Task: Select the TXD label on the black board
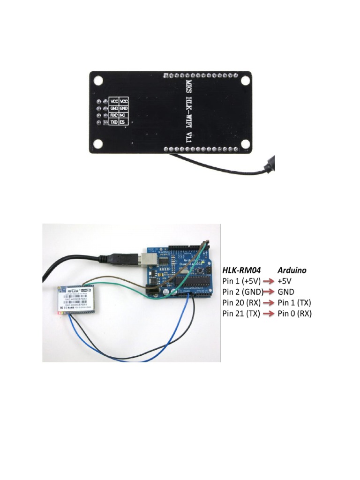click(114, 122)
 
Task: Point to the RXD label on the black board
click(114, 115)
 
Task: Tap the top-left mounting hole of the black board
click(98, 80)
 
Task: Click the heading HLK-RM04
click(241, 270)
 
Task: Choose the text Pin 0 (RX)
click(294, 313)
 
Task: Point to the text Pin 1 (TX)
click(294, 302)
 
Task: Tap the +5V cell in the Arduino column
click(285, 281)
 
